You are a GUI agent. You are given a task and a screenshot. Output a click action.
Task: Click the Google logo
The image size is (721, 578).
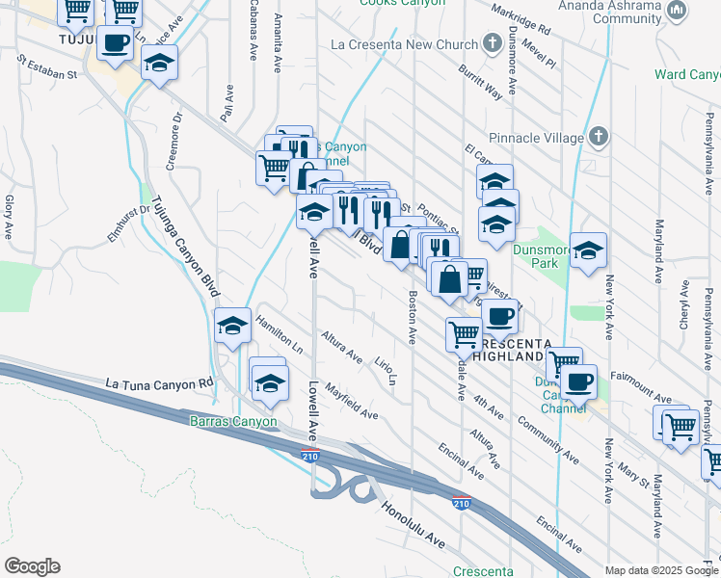pos(32,566)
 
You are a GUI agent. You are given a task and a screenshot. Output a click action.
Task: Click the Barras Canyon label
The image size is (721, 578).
pos(233,421)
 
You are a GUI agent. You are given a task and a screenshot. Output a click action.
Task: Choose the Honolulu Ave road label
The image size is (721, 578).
pos(413,527)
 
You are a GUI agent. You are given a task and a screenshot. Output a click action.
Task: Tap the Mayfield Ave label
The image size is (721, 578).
pos(351,401)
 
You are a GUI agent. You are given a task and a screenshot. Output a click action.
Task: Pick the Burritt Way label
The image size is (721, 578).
pos(480,83)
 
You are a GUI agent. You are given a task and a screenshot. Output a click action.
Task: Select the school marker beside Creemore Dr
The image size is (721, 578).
pos(159,65)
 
